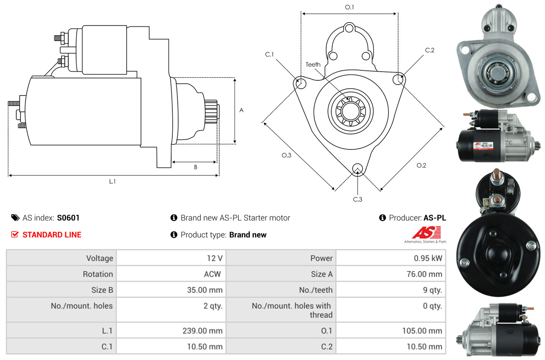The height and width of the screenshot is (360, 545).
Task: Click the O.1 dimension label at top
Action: [x=349, y=7]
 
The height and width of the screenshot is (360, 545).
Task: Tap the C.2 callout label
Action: [x=430, y=50]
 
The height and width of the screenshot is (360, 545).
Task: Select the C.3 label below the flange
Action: [x=357, y=199]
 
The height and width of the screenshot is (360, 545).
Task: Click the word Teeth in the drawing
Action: [x=313, y=64]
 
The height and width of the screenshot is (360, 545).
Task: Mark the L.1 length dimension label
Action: [x=113, y=181]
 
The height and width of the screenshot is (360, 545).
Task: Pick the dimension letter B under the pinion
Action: [x=195, y=167]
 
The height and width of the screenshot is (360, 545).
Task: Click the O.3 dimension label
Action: [x=286, y=155]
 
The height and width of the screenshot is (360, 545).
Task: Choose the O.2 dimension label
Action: [x=421, y=165]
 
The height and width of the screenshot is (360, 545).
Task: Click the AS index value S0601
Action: [x=68, y=218]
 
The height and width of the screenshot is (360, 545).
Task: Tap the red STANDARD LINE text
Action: [x=52, y=235]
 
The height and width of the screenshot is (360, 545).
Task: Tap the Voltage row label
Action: [x=100, y=258]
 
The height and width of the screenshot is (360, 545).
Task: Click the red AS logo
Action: [x=426, y=233]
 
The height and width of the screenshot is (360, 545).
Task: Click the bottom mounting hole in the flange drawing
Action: [x=357, y=169]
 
